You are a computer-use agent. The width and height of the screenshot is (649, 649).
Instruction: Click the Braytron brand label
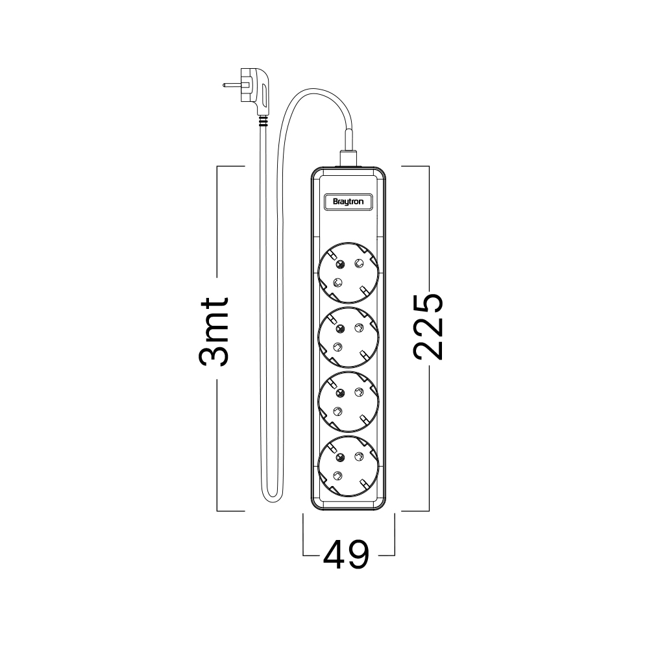point(348,202)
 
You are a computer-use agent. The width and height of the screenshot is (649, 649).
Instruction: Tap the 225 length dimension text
point(428,326)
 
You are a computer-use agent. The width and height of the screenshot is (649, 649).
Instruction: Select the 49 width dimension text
point(346,555)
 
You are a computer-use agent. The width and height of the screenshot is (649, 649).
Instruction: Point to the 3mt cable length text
point(214,332)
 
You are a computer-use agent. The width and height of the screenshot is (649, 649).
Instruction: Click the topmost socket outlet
point(349,273)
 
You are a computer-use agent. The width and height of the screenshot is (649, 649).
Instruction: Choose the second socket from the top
point(349,337)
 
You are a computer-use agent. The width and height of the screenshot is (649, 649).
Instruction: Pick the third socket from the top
point(349,402)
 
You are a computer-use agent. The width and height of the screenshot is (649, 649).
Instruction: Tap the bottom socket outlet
point(349,467)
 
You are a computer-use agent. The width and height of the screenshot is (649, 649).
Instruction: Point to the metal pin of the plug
point(232,85)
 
